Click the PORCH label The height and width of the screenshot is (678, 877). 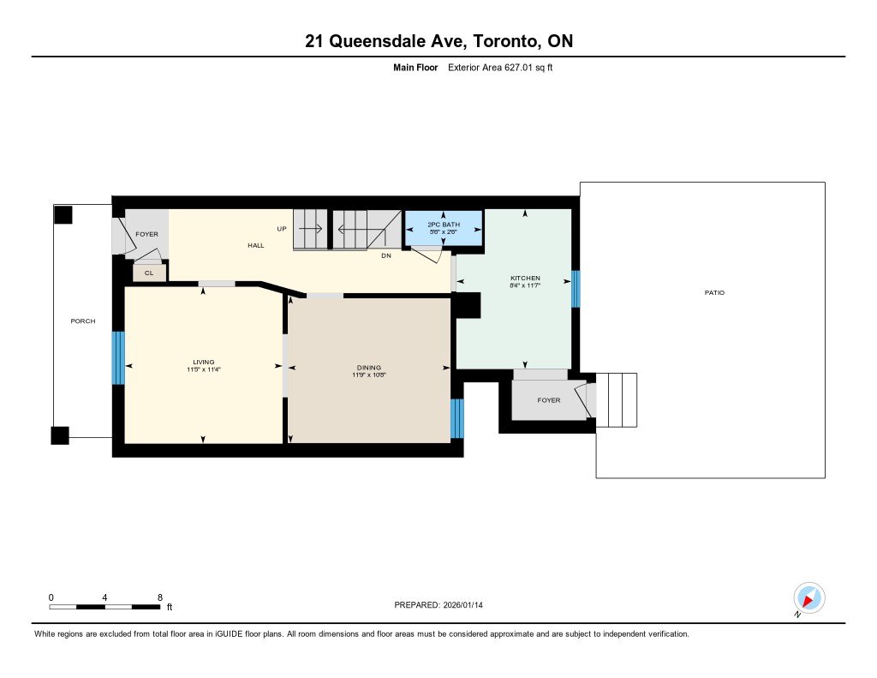pos(83,321)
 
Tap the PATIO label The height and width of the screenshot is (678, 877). pos(714,292)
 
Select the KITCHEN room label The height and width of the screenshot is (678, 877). pos(525,278)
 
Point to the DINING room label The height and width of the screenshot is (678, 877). pos(368,368)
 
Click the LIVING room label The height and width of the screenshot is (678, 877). pos(204,363)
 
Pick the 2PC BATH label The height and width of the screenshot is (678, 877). pos(444,225)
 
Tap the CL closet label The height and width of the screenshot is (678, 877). pos(149,273)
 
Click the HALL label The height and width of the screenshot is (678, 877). pos(256,245)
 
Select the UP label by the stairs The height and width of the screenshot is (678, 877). pos(282,228)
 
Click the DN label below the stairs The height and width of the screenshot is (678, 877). pos(386,255)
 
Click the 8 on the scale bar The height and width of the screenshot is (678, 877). pos(160,597)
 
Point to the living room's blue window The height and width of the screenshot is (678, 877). pos(118,357)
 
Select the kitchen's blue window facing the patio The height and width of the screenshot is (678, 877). pos(576,289)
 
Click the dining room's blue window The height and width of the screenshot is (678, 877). pos(457,418)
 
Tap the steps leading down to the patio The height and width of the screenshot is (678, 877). pos(617,399)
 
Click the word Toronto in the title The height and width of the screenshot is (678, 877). pos(507,41)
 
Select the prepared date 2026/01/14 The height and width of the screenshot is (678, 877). pos(463,604)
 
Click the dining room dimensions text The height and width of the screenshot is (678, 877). pos(369,375)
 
